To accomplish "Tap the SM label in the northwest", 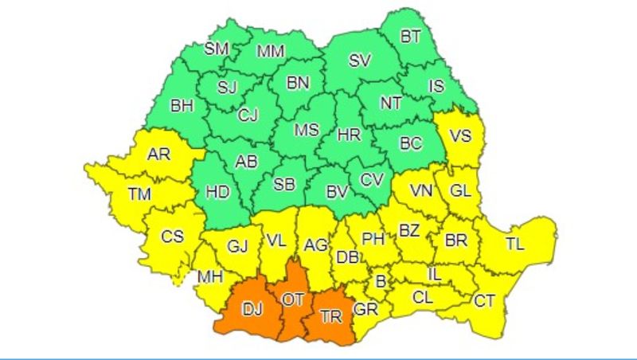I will [216, 48].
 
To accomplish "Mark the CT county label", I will [483, 300].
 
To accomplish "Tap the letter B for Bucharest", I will [381, 280].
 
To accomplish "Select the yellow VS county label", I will [460, 135].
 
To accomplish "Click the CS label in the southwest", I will [172, 237].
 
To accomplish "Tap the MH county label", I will [210, 277].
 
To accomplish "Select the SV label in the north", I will [361, 61].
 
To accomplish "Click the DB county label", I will [347, 256].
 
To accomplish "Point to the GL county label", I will [460, 191].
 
